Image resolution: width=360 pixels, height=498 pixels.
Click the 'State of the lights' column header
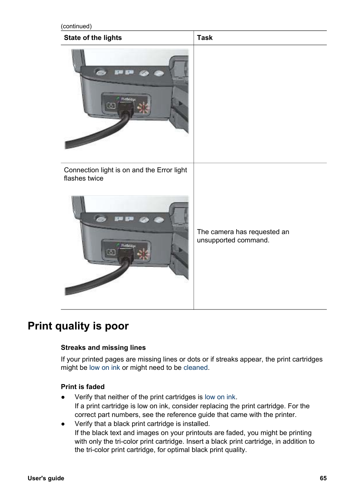[93, 38]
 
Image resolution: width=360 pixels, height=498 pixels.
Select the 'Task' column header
[205, 38]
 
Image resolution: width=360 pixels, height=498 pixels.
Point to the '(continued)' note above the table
[76, 26]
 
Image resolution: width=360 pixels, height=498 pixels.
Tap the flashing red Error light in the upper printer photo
[143, 108]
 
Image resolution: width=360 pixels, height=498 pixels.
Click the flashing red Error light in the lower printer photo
[143, 254]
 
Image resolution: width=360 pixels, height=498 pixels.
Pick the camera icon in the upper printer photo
[111, 106]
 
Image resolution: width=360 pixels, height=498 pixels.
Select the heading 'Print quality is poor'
[78, 326]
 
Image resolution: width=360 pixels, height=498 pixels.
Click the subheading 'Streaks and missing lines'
[103, 348]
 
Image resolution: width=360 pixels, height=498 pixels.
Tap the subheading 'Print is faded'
[83, 387]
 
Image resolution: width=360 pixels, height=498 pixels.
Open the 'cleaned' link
[195, 368]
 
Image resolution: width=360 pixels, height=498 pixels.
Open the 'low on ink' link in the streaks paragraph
[105, 368]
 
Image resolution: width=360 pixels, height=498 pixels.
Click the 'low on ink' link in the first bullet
[220, 397]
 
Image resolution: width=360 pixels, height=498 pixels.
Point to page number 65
[323, 478]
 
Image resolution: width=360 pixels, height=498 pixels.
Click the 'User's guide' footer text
[46, 478]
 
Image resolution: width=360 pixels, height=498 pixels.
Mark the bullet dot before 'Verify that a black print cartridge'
[63, 424]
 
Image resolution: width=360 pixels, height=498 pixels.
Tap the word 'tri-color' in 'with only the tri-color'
[128, 441]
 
